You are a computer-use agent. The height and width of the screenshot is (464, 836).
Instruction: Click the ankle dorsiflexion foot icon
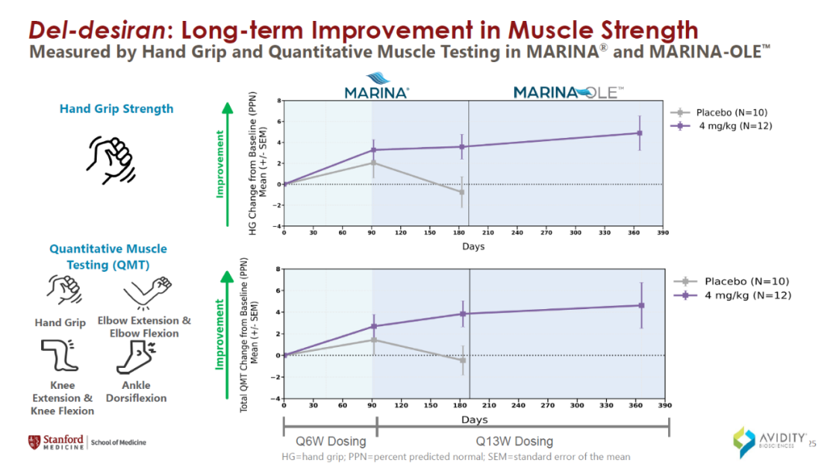(135, 357)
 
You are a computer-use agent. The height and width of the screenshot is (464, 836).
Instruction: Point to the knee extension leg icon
(59, 356)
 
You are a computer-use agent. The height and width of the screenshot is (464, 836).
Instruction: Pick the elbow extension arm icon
(145, 293)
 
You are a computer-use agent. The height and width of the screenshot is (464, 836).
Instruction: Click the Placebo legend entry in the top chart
(717, 112)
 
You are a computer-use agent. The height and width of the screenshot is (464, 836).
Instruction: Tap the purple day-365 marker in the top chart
(639, 133)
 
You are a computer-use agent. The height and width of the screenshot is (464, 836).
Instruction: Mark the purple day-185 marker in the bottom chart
(463, 314)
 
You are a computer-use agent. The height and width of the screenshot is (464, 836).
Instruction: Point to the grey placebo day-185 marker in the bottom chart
(463, 360)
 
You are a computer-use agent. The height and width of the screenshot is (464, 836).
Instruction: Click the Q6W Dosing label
(331, 441)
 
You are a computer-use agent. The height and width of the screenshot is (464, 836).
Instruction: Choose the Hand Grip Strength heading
(116, 108)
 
